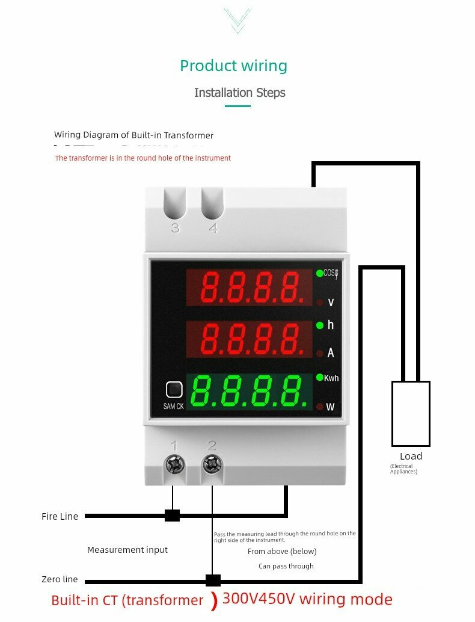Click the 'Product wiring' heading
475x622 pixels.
click(x=233, y=66)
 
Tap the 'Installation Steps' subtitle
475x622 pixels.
click(x=239, y=93)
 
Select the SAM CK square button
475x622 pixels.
click(x=174, y=390)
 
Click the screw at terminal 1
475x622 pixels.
click(x=174, y=464)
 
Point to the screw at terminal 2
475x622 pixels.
click(x=212, y=464)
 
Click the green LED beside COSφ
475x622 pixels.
click(x=319, y=273)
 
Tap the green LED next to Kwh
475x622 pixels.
click(x=319, y=377)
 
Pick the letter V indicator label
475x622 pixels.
click(x=330, y=302)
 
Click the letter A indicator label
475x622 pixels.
click(x=330, y=354)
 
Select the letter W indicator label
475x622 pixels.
click(x=330, y=407)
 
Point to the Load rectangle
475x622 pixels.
click(x=411, y=412)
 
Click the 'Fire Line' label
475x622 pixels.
click(x=60, y=516)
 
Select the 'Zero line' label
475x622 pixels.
click(x=60, y=579)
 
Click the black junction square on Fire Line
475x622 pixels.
click(x=173, y=516)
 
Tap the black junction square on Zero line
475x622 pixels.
click(x=213, y=580)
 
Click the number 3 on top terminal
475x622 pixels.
click(x=175, y=229)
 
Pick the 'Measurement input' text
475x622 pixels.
click(x=127, y=550)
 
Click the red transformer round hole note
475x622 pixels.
click(x=142, y=158)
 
